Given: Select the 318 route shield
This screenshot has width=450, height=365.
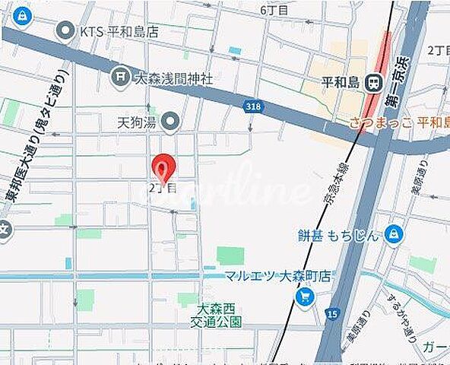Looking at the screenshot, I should tap(254, 107).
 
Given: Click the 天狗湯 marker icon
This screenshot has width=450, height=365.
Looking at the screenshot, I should tap(171, 121).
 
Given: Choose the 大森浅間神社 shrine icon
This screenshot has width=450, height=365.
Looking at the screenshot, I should tap(119, 77).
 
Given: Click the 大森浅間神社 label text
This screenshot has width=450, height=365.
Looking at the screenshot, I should tap(173, 78).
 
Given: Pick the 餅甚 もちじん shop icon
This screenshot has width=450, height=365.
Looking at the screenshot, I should tap(394, 234).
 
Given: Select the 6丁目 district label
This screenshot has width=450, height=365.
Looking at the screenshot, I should tap(274, 10).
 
